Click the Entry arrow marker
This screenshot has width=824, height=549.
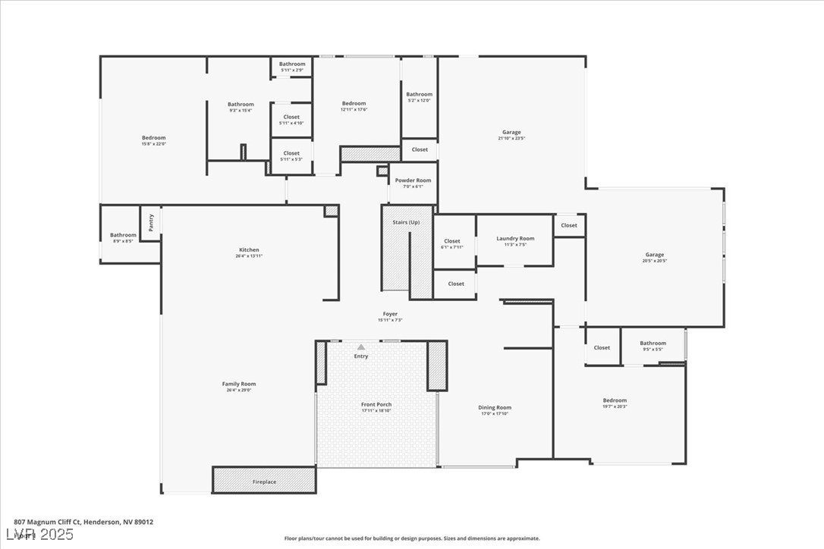pyautogui.click(x=361, y=347)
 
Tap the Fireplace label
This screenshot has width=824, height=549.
pyautogui.click(x=265, y=482)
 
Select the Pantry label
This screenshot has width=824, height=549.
pyautogui.click(x=151, y=222)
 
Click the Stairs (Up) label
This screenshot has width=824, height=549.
pyautogui.click(x=406, y=222)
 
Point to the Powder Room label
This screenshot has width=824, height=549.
pyautogui.click(x=413, y=180)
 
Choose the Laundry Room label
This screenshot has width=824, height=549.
pyautogui.click(x=515, y=239)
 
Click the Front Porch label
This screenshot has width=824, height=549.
pyautogui.click(x=376, y=405)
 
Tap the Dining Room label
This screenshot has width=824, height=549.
pyautogui.click(x=495, y=408)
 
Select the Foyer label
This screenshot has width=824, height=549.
pyautogui.click(x=390, y=314)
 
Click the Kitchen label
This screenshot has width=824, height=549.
pyautogui.click(x=249, y=250)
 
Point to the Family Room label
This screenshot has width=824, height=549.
pyautogui.click(x=239, y=384)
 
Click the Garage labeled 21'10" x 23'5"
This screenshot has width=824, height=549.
pyautogui.click(x=511, y=133)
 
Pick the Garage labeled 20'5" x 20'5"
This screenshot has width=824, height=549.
pyautogui.click(x=655, y=255)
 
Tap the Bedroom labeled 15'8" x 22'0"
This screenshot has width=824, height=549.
pyautogui.click(x=153, y=138)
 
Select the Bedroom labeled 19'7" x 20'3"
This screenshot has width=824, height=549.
pyautogui.click(x=615, y=400)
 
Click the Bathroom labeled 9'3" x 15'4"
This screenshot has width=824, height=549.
pyautogui.click(x=241, y=105)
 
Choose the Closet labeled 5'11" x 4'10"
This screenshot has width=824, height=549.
pyautogui.click(x=291, y=118)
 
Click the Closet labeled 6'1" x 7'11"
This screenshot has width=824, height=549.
pyautogui.click(x=452, y=241)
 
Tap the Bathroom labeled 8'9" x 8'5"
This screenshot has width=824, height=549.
pyautogui.click(x=123, y=235)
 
